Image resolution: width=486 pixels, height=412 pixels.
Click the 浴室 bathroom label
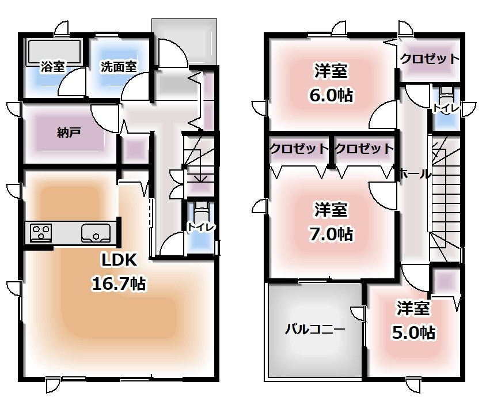point(53,67)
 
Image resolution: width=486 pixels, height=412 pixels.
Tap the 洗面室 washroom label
point(119,67)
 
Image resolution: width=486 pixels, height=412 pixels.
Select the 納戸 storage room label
point(69,133)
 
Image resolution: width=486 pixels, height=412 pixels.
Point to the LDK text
point(119,260)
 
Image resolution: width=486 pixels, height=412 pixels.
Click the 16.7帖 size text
point(119,284)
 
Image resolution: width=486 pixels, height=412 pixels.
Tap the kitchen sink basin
point(96,233)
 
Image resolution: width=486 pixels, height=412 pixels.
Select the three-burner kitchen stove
point(41,233)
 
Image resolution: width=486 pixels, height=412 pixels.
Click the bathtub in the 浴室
point(55,52)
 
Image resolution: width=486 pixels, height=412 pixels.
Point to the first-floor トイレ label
point(201,227)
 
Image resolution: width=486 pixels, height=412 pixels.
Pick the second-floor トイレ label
point(446,108)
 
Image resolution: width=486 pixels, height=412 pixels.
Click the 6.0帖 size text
point(331,95)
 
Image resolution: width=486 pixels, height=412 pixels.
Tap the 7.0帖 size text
point(331,234)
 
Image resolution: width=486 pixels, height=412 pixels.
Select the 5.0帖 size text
point(414,332)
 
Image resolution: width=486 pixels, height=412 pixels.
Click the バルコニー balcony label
point(315,329)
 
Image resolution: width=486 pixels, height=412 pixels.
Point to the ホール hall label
point(415,174)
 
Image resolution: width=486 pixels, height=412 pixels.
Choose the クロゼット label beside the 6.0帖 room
point(430,58)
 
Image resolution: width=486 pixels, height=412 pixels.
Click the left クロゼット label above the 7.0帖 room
point(299,149)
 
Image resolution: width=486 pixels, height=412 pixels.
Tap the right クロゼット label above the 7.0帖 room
point(364,149)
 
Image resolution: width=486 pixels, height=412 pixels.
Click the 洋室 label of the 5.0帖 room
point(413,308)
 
